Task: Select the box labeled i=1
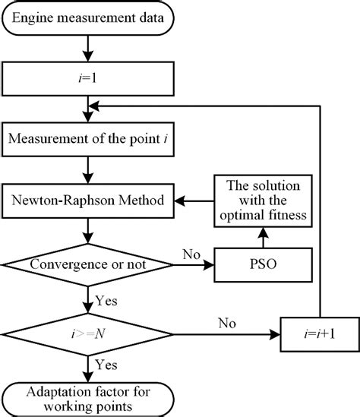coord(90,77)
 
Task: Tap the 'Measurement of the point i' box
coord(90,138)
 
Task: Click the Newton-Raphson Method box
coord(90,200)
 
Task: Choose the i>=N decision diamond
coord(90,331)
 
